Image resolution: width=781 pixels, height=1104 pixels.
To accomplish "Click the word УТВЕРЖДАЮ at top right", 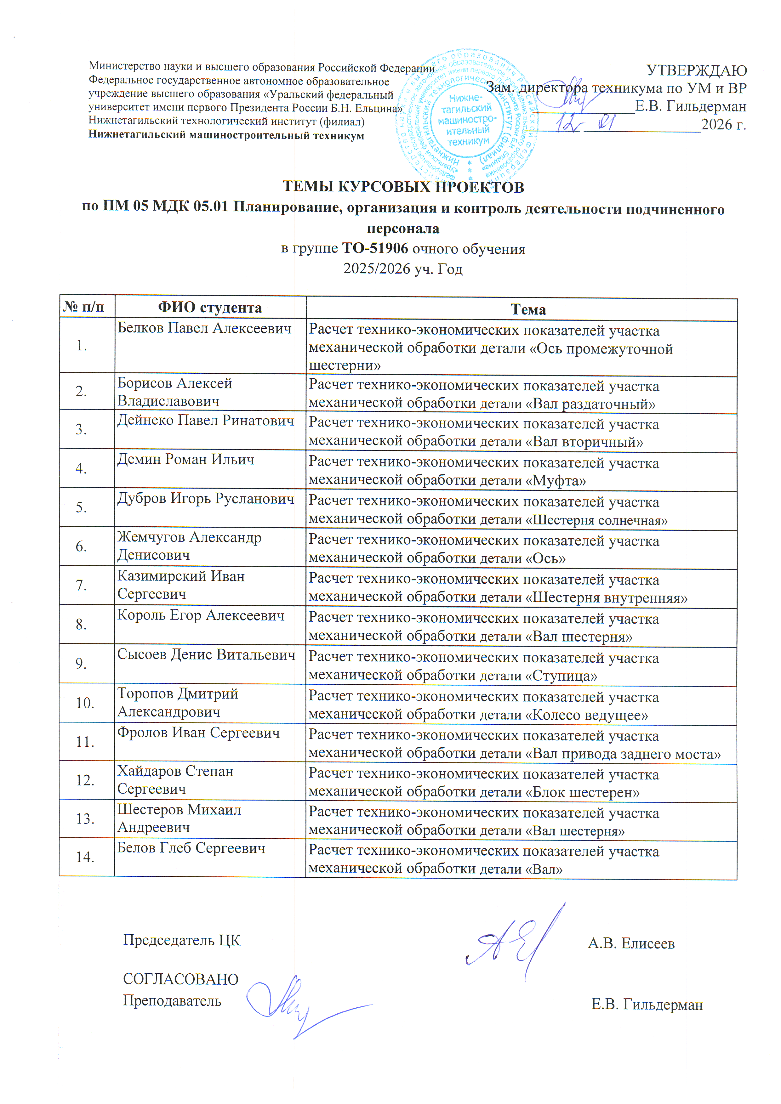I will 696,71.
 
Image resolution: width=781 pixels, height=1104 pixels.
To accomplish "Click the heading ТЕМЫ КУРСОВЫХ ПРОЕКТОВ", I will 403,187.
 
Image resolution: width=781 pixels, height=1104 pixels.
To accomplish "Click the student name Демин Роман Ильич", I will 185,459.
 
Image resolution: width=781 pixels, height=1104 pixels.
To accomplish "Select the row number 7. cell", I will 81,585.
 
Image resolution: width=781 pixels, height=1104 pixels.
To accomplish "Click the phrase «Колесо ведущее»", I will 586,715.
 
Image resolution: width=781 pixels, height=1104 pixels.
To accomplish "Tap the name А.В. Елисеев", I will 631,943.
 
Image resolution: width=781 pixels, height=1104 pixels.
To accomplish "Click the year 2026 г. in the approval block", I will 723,125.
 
